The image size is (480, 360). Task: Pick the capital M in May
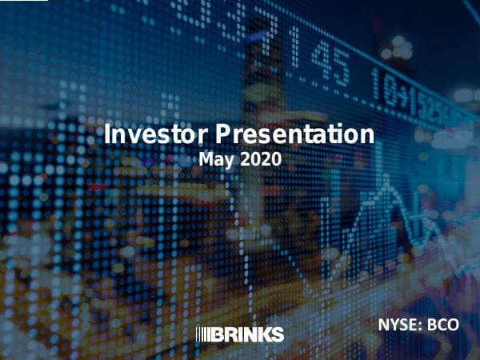(206, 159)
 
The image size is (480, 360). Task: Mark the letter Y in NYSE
(396, 326)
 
